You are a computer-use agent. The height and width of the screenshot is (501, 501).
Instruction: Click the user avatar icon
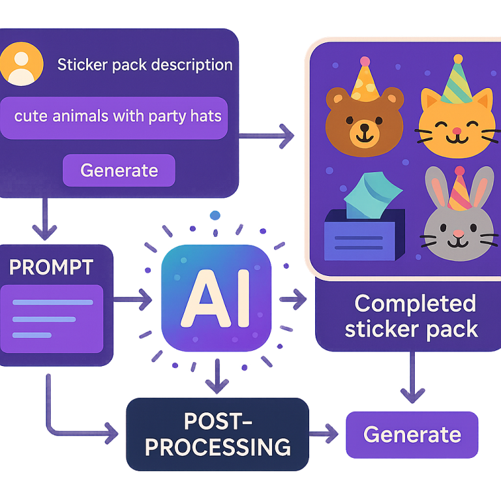pyautogui.click(x=22, y=65)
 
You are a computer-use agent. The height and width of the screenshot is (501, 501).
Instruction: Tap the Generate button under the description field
pyautogui.click(x=119, y=170)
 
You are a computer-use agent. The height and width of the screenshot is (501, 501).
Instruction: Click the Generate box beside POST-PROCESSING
pyautogui.click(x=412, y=434)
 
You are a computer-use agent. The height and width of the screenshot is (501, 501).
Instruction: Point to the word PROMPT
pyautogui.click(x=51, y=266)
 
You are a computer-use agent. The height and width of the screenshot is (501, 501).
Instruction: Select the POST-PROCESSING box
pyautogui.click(x=217, y=434)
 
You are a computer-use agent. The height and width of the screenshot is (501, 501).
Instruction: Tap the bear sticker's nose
pyautogui.click(x=361, y=123)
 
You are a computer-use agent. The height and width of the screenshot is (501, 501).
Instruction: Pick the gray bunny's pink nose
pyautogui.click(x=459, y=233)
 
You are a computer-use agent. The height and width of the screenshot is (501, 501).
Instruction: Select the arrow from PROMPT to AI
pyautogui.click(x=134, y=300)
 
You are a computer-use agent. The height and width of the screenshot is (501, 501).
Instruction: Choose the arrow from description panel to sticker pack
pyautogui.click(x=267, y=136)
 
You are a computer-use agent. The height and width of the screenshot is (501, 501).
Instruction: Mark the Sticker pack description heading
pyautogui.click(x=145, y=65)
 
